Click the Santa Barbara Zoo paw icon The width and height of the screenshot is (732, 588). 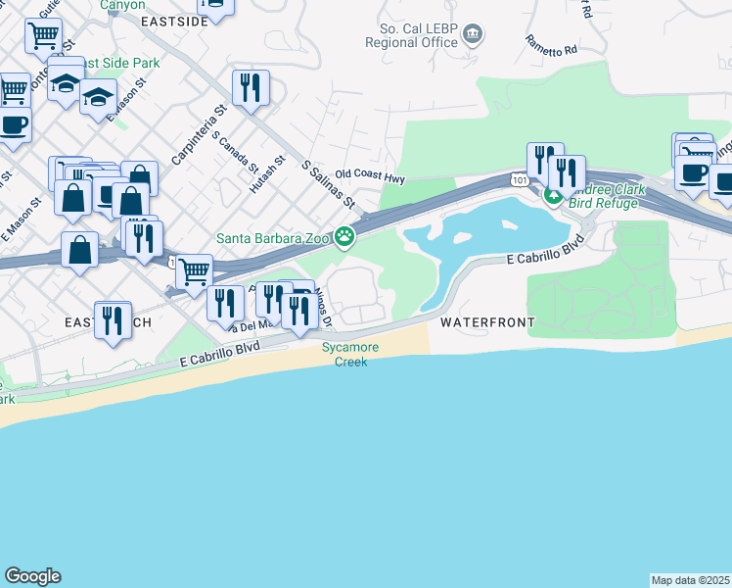[x=344, y=236]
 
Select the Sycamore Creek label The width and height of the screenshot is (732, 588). [x=344, y=354]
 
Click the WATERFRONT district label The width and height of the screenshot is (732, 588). [x=487, y=321]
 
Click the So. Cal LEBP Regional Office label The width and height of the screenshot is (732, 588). [x=411, y=35]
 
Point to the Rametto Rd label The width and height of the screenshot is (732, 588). [x=551, y=44]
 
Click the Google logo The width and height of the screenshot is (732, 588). [x=32, y=576]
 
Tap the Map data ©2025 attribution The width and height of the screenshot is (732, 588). [x=690, y=579]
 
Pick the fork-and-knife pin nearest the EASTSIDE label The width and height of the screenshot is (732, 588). [x=252, y=89]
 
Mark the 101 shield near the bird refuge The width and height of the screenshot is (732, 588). [x=517, y=179]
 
